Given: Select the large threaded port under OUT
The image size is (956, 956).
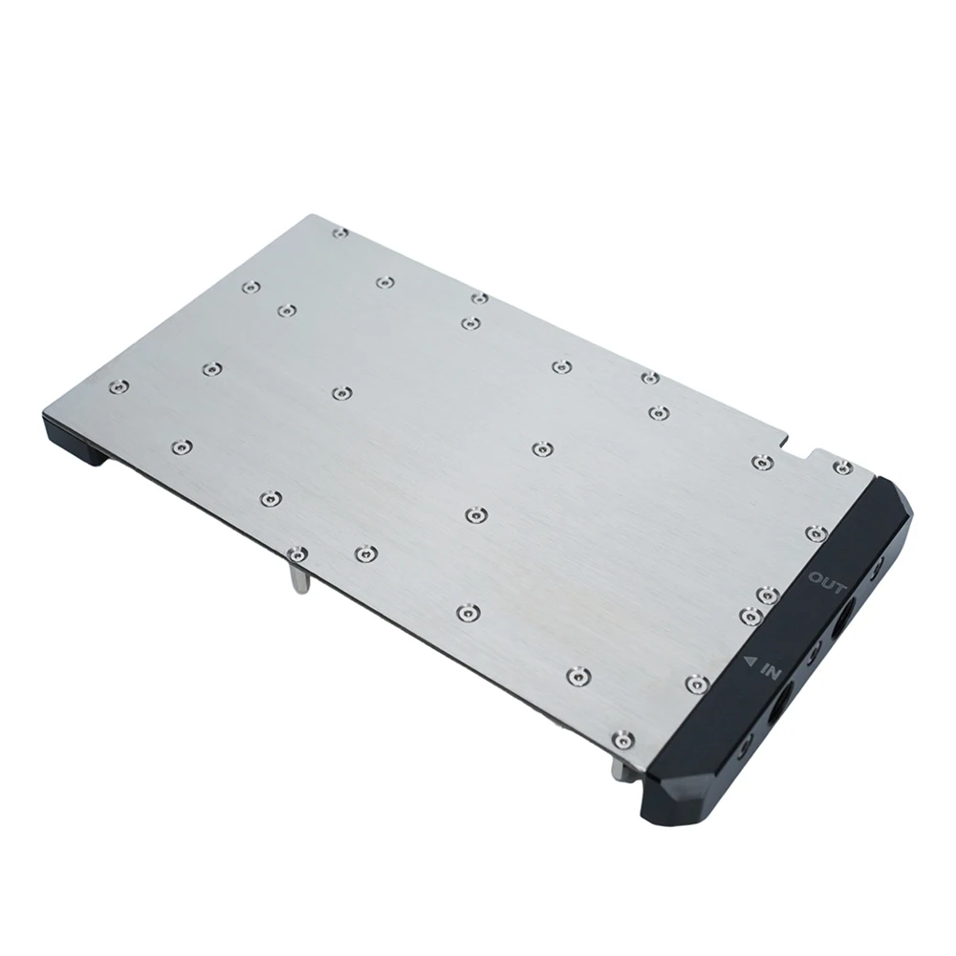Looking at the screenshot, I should tap(846, 622).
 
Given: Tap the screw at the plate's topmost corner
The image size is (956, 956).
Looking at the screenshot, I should tap(339, 231).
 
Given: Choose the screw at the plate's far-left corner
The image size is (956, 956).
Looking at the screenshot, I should tap(117, 386).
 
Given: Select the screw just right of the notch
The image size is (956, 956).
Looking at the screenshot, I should tap(842, 467).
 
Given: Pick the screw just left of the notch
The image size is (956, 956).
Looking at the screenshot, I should tap(761, 463).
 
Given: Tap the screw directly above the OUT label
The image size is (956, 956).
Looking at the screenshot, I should tap(815, 532).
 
